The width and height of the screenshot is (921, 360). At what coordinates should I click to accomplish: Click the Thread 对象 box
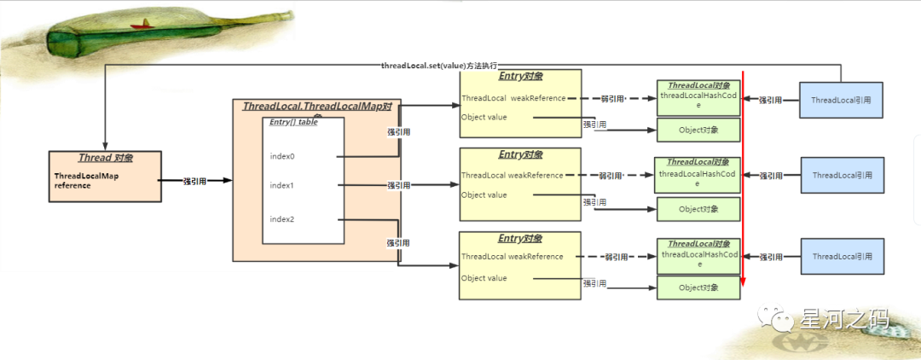(106, 176)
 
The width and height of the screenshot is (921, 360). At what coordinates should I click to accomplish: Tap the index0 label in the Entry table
(282, 156)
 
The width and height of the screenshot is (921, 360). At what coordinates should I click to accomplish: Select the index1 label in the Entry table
(282, 185)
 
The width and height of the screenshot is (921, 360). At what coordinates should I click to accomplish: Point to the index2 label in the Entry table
(282, 219)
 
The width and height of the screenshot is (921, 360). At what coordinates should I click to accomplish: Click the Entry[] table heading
(293, 122)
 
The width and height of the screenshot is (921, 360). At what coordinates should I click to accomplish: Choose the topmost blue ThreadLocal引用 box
(842, 101)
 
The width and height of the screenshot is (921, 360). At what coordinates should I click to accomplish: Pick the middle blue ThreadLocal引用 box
(842, 176)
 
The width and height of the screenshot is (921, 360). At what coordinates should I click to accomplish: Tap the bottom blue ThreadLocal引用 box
(842, 257)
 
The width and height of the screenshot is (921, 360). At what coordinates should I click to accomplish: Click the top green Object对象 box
(698, 130)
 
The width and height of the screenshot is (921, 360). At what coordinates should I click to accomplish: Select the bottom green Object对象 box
(698, 287)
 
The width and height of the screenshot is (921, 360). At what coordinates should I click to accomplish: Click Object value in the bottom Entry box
(484, 278)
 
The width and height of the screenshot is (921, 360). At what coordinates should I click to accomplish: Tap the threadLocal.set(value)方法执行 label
(439, 66)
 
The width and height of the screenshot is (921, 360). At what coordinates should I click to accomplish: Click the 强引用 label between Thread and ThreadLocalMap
(194, 181)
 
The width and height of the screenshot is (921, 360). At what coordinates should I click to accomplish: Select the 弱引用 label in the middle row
(610, 176)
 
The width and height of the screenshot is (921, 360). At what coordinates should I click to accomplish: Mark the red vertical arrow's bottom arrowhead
(743, 283)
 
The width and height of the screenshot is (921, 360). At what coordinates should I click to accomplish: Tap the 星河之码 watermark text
(844, 320)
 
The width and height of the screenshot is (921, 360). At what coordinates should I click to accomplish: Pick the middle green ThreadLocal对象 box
(698, 172)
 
